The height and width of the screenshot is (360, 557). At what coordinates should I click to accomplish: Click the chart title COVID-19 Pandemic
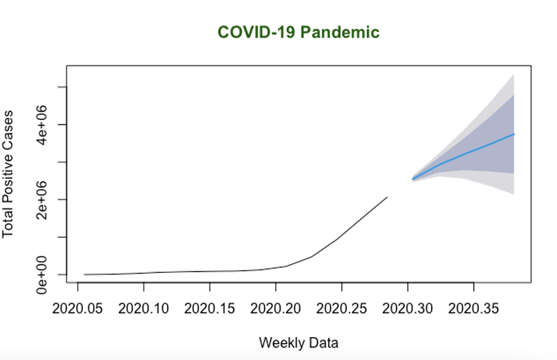point(298,33)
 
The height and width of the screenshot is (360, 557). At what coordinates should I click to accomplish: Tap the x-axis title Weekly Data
point(298,343)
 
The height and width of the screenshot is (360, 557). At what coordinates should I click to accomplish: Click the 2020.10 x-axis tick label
point(143,307)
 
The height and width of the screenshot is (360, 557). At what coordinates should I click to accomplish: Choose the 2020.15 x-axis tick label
point(210,307)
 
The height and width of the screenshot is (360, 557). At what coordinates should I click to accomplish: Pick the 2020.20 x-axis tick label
point(276,307)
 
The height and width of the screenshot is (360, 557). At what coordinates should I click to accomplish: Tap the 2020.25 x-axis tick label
point(342,307)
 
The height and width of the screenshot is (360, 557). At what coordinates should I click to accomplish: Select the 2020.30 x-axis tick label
point(408,307)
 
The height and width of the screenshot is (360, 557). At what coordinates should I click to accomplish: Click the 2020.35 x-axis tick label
point(474,307)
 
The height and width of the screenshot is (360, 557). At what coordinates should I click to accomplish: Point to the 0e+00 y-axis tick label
point(42,274)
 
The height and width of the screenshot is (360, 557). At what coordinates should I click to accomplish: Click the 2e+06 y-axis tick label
point(42,199)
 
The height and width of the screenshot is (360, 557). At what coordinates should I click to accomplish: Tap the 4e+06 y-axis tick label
point(42,124)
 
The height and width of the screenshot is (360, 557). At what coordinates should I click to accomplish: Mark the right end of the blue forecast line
point(514,134)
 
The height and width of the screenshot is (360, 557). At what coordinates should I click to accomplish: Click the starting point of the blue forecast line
point(413,179)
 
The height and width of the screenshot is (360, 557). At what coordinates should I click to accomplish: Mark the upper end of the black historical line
point(387,197)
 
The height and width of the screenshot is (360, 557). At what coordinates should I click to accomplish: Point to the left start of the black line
point(84,274)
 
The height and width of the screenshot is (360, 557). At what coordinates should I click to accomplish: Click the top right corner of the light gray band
point(514,74)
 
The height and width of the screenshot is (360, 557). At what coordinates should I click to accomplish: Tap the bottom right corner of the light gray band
point(514,194)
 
